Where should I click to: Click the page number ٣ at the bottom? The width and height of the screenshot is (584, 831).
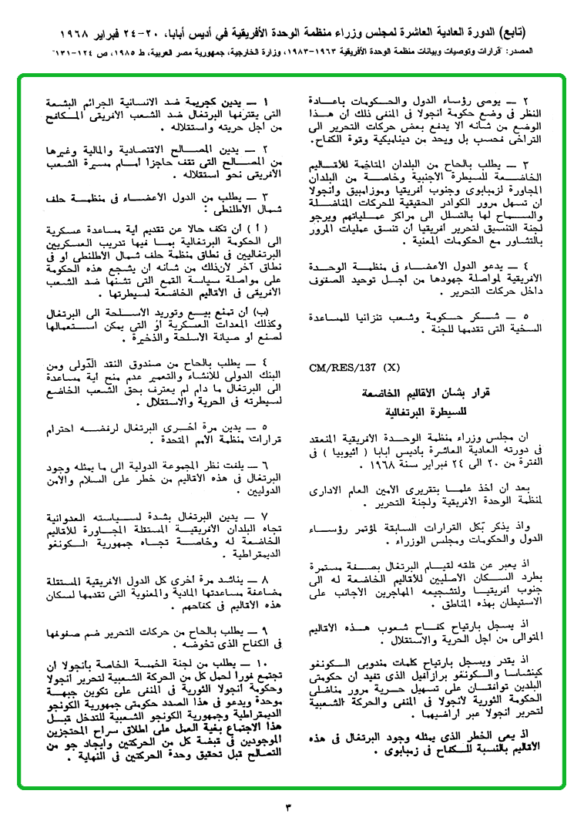290,807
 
